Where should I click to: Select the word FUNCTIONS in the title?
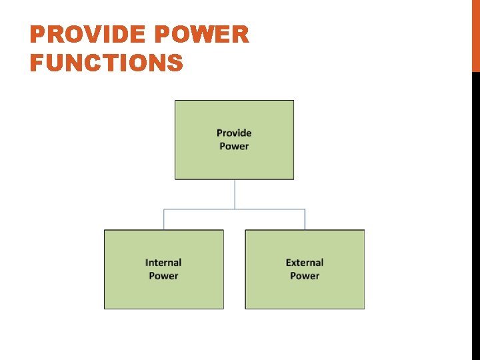[x=106, y=63]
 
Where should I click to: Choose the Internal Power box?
[x=163, y=293]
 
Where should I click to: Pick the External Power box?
[x=305, y=293]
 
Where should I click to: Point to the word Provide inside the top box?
[x=234, y=133]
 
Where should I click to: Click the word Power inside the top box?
[x=234, y=146]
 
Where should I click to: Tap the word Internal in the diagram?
[x=163, y=263]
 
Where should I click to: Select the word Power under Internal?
[x=163, y=275]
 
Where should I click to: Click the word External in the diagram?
[x=305, y=263]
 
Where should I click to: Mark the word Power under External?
[x=305, y=275]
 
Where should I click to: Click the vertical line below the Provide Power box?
[x=235, y=193]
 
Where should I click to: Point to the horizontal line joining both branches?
[x=200, y=209]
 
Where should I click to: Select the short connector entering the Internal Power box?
[x=164, y=220]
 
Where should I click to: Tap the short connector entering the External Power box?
[x=305, y=220]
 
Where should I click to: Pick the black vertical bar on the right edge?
[x=475, y=213]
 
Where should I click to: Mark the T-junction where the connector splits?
[x=235, y=209]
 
